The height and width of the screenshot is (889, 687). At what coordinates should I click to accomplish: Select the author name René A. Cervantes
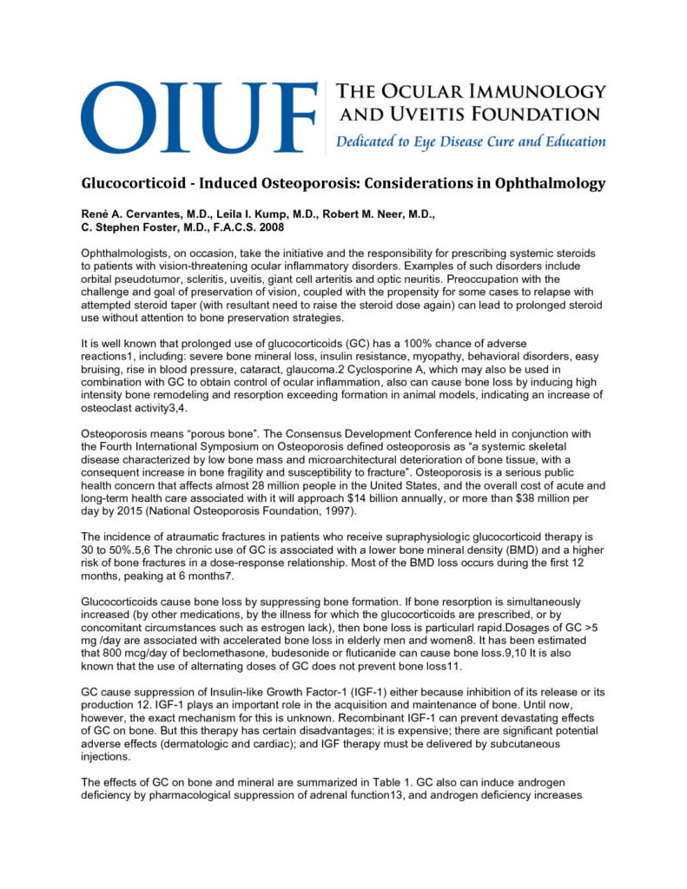[133, 214]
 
